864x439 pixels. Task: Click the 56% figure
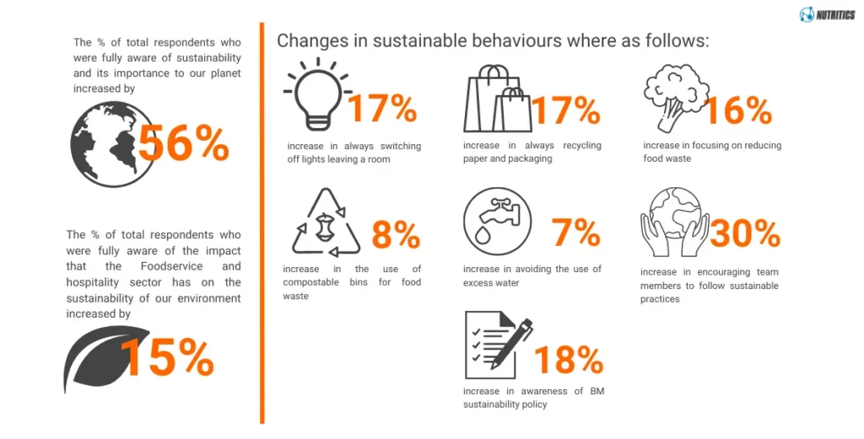183,143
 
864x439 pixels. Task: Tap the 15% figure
167,359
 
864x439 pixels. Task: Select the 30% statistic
744,234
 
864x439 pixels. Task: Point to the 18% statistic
568,360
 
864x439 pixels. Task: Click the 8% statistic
396,235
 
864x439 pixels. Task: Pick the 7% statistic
575,233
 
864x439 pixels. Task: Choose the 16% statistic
737,110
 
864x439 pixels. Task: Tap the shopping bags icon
499,100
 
